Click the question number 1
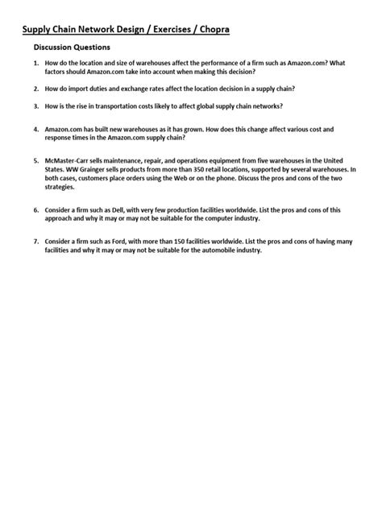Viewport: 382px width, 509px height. (x=36, y=65)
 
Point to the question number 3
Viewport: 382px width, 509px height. (x=36, y=106)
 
